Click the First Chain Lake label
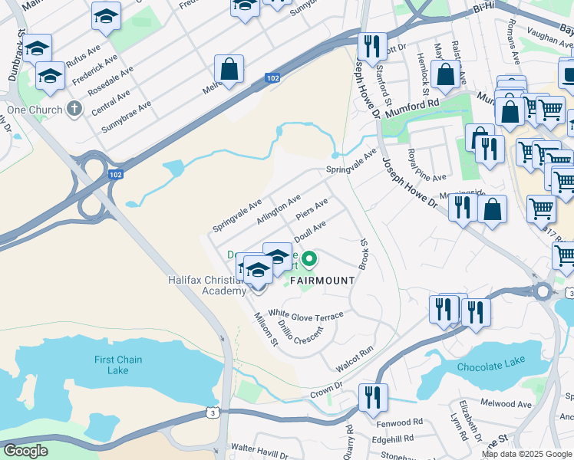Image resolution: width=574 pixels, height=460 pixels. [118, 365]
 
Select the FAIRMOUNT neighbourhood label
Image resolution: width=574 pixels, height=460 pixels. [322, 281]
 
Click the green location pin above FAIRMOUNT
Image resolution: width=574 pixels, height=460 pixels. [308, 260]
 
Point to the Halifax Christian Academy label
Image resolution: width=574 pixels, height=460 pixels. [207, 285]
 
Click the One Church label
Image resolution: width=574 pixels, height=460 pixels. [33, 109]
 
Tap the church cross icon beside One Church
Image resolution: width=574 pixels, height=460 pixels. [74, 108]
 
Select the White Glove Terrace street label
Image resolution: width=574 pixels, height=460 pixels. [305, 314]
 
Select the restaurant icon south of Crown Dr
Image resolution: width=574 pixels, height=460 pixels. [373, 398]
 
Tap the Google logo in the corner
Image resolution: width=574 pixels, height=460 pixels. [25, 451]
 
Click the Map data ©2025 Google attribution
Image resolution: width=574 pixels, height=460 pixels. [526, 454]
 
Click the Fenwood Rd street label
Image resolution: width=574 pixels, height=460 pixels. [399, 422]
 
